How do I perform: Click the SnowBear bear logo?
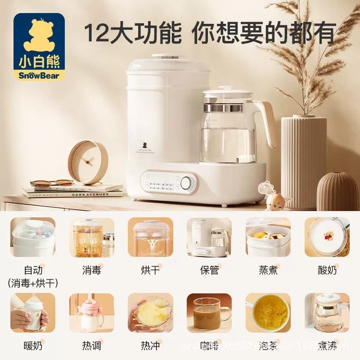tap(39, 45)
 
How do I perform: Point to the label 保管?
tap(209, 270)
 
